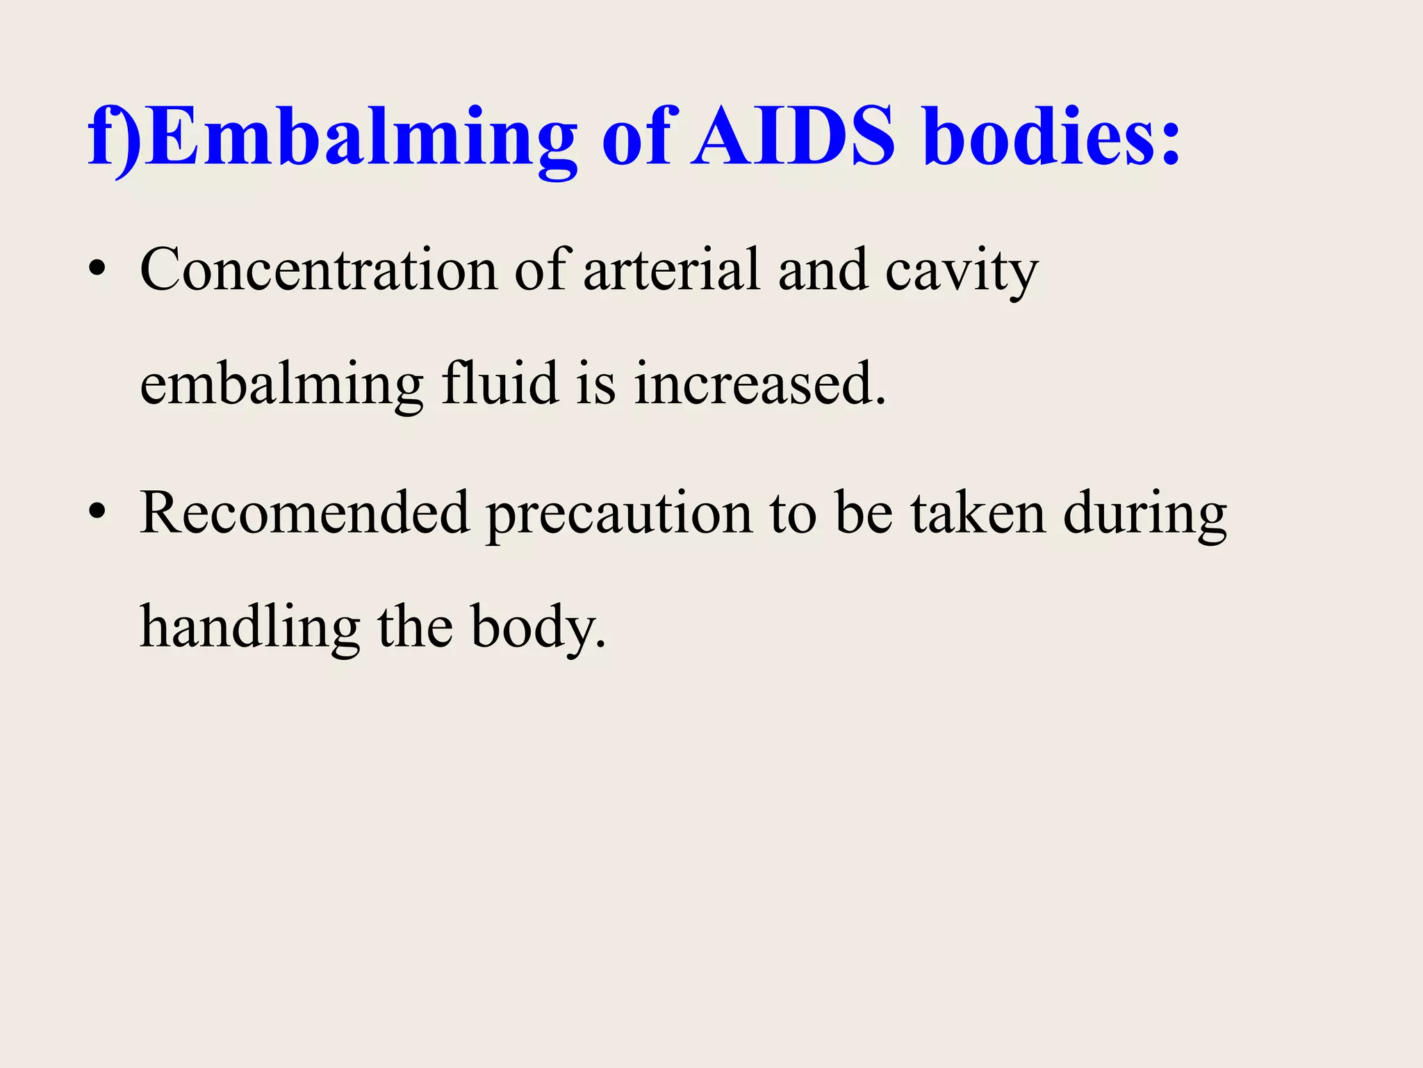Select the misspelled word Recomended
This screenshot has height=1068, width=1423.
tap(305, 513)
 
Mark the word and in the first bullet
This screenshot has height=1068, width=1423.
tap(823, 270)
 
